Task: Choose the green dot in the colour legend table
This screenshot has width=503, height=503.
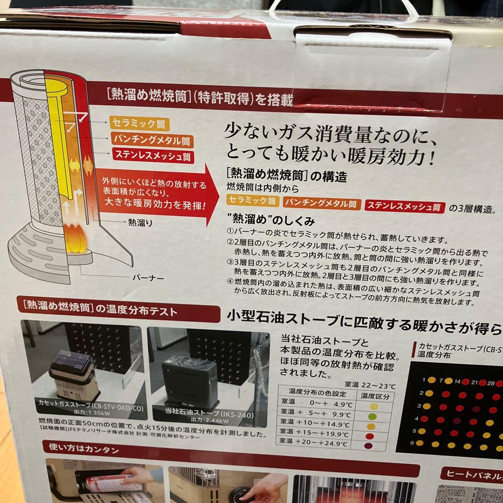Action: coord(371,416)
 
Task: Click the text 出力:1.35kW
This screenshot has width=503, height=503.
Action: coord(85,412)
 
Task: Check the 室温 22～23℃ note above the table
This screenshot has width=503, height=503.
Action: coord(370,385)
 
